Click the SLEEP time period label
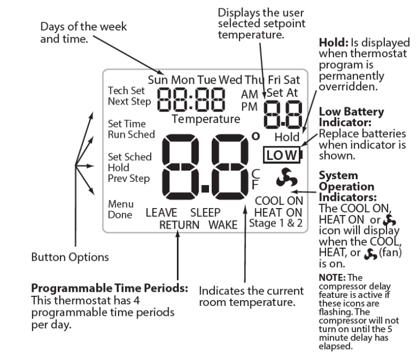click(x=205, y=213)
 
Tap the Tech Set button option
click(x=122, y=90)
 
